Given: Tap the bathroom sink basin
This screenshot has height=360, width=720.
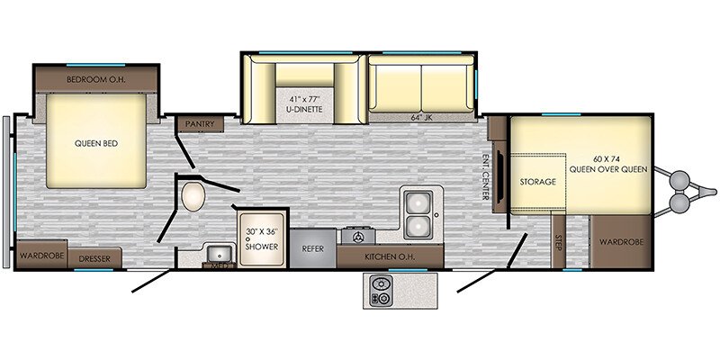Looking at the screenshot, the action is click(x=220, y=253).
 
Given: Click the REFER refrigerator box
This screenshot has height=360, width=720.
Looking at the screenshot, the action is click(x=312, y=248).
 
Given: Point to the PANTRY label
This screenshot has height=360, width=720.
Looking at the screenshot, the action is click(x=200, y=124).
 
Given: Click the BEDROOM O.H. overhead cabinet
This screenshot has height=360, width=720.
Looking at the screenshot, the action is click(x=96, y=79).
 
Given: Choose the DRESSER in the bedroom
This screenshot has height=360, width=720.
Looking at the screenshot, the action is click(x=94, y=257).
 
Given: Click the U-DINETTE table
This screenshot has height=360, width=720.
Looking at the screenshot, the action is click(x=305, y=105).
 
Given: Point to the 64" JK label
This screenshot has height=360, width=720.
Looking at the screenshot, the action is click(x=421, y=118).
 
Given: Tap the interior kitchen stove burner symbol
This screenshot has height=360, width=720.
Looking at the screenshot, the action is click(x=358, y=237).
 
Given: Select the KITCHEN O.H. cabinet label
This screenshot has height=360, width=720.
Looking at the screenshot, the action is click(x=390, y=256).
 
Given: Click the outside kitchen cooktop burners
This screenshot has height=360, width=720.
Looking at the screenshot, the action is click(x=381, y=291).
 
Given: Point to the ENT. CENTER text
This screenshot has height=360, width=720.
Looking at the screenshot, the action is click(x=485, y=175).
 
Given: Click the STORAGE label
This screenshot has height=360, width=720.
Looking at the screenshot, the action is click(x=537, y=182).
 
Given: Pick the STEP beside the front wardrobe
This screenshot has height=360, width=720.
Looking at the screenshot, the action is click(x=558, y=241).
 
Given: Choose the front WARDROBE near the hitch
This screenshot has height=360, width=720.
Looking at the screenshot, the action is click(x=621, y=241).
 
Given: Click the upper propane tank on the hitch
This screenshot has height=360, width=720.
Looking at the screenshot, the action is click(x=680, y=179).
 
